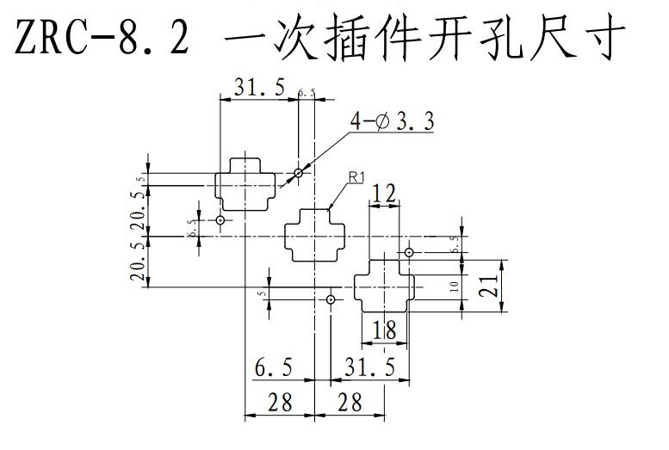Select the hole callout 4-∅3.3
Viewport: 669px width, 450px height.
coord(392,122)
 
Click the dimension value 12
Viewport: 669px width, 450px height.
coord(385,194)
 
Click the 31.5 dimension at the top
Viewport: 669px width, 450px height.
coord(259,86)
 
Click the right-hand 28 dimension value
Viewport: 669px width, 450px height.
coord(350,401)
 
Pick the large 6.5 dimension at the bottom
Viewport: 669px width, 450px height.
coord(273,368)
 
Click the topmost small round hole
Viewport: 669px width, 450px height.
coord(298,173)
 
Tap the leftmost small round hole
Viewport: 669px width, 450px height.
coord(220,220)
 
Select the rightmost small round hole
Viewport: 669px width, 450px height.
coord(409,252)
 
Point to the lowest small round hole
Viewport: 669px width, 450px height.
coord(331,299)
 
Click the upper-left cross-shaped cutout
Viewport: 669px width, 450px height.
coord(246,184)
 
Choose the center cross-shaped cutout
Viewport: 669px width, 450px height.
coord(316,234)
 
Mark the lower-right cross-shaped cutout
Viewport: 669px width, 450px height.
coord(385,285)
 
